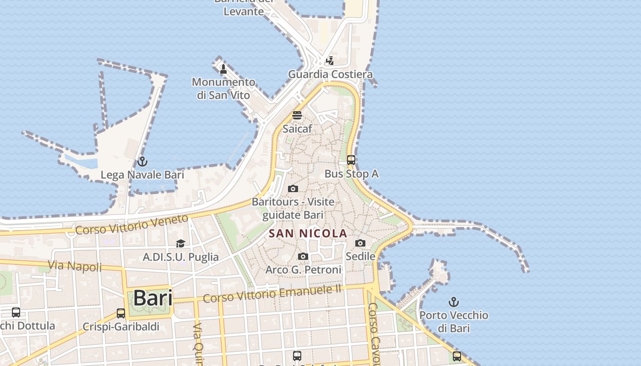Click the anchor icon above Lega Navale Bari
tap(142, 161)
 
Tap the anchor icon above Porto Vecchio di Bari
tap(453, 302)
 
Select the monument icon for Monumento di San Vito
tap(223, 69)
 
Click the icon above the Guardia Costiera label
tap(330, 60)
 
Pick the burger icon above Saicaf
tap(297, 115)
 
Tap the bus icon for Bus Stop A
tap(351, 160)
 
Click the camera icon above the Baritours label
tap(293, 188)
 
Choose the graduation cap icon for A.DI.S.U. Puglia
tap(180, 243)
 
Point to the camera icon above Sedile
tap(360, 243)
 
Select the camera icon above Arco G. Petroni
tap(303, 256)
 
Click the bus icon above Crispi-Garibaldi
tap(121, 313)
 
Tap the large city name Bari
tap(153, 298)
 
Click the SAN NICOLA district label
tap(308, 233)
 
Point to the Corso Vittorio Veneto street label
tap(132, 224)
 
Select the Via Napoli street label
tap(75, 266)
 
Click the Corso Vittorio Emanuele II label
tap(272, 294)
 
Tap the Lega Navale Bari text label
tap(142, 175)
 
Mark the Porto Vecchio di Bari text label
tap(454, 322)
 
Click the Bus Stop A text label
tap(351, 174)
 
